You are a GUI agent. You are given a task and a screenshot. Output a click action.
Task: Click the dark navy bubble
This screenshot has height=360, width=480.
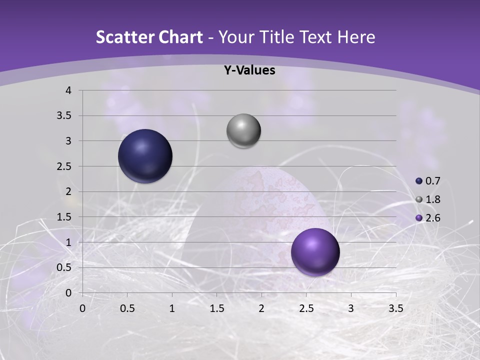click(x=145, y=156)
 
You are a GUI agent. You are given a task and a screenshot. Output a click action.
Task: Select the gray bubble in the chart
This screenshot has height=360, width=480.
click(x=243, y=131)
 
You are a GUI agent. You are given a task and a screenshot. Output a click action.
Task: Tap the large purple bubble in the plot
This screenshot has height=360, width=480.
click(x=315, y=252)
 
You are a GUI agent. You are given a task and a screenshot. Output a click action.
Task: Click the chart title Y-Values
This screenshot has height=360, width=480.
click(x=249, y=70)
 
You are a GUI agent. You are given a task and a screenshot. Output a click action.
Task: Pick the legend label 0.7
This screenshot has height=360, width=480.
click(x=432, y=181)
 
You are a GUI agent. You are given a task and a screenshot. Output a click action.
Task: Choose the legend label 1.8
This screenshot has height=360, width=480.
click(x=432, y=199)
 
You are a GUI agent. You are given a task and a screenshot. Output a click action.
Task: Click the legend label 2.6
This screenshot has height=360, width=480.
click(x=432, y=218)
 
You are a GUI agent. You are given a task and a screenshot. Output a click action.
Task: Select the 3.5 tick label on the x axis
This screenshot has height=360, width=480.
click(x=395, y=308)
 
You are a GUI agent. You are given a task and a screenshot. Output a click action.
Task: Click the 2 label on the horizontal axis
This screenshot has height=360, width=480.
click(x=261, y=308)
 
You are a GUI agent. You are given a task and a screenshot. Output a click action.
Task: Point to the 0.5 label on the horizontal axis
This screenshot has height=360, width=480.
click(x=127, y=308)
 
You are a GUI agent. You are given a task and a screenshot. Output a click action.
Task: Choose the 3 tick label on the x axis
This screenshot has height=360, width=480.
click(x=351, y=308)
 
